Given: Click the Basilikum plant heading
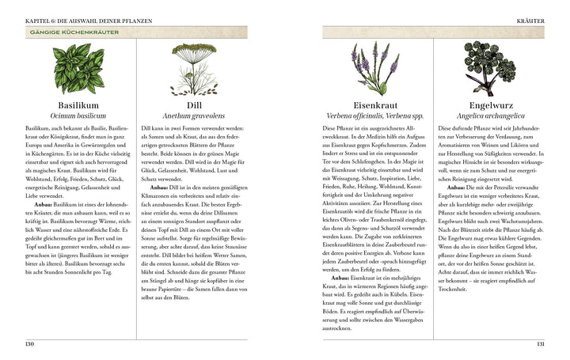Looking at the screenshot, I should click(x=77, y=104).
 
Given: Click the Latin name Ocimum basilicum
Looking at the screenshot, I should click(x=77, y=116).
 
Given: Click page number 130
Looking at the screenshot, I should click(x=29, y=344).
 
